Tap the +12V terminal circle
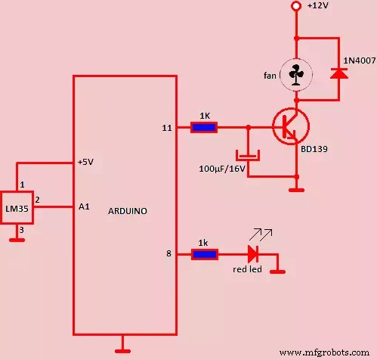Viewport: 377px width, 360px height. tap(296, 7)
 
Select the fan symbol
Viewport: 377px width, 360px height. tap(296, 74)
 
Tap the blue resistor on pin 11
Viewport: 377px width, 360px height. tap(203, 127)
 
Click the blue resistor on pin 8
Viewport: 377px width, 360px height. tap(203, 255)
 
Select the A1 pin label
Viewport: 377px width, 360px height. tap(84, 205)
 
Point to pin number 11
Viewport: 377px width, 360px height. tap(167, 128)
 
